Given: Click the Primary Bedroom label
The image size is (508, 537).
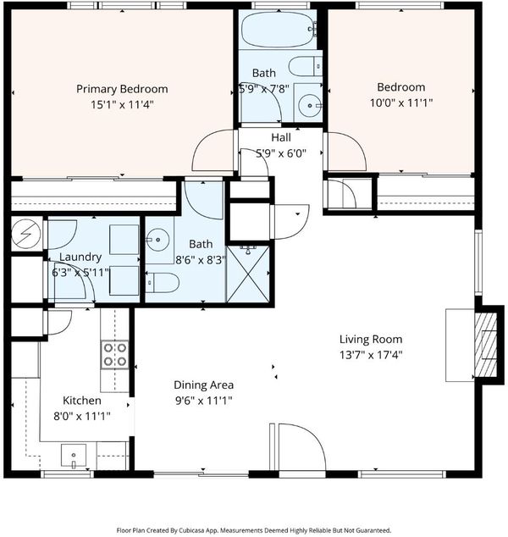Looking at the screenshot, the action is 122,89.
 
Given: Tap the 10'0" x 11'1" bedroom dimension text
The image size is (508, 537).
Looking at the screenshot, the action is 401,102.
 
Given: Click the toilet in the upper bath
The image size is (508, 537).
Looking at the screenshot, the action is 305,66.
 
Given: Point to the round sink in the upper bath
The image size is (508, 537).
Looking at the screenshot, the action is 309,106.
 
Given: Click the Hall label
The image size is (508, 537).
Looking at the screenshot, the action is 281,138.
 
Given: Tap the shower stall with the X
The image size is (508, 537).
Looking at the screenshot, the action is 248,274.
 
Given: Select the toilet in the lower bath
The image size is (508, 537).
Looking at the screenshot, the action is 163,283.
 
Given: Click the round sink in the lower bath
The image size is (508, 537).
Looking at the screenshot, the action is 157,240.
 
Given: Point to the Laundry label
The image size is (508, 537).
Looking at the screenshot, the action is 80,257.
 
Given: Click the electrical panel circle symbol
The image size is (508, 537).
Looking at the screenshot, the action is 26,234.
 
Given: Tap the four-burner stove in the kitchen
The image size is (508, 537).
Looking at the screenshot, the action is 114,354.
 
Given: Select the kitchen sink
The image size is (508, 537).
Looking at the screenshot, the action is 74,456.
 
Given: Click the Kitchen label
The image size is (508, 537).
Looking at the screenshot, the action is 82,401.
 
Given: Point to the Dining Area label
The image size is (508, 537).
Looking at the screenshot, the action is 204,385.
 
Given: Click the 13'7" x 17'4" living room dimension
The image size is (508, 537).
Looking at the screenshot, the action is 371,355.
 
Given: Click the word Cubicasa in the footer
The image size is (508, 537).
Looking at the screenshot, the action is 194,530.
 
